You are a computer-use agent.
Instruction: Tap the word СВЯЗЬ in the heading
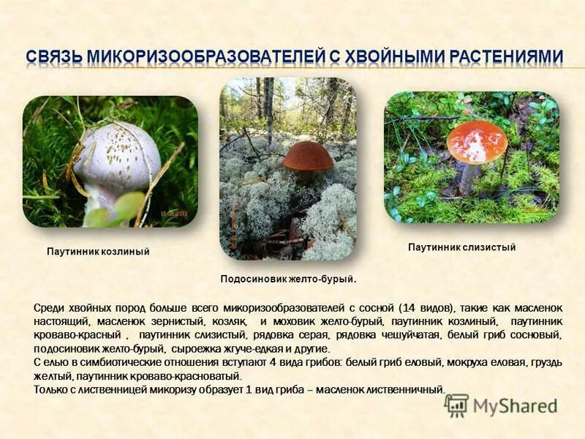[x=52, y=57]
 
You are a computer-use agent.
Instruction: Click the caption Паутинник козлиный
[x=98, y=252]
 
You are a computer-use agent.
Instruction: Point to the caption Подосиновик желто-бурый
[x=288, y=279]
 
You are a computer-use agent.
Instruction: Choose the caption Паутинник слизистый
[x=461, y=247]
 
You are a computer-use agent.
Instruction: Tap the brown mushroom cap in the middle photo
[x=308, y=157]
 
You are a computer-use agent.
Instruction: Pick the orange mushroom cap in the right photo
[x=477, y=142]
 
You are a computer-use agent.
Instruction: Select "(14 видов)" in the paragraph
[x=431, y=308]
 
